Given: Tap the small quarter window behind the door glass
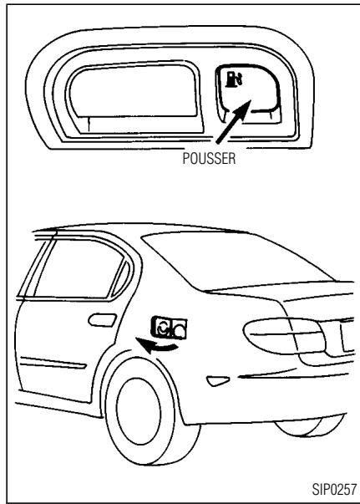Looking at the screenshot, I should [x=119, y=273].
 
